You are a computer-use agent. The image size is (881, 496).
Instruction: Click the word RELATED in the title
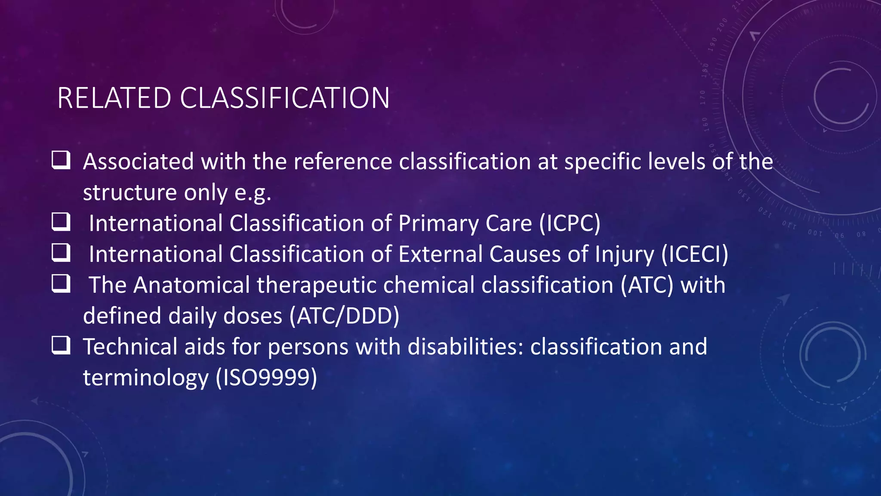point(114,98)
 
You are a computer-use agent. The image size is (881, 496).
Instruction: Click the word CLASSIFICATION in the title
point(284,98)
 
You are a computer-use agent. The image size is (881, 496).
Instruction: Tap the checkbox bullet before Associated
point(61,160)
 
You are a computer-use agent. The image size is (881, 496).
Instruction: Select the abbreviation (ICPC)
point(570,223)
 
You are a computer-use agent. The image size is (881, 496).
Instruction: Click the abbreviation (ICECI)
point(694,254)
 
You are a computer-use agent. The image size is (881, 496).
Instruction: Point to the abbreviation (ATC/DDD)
point(344,316)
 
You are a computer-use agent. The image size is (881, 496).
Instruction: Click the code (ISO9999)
point(266,378)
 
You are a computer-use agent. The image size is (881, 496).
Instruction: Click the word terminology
point(145,378)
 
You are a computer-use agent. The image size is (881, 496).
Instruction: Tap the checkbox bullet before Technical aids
point(61,345)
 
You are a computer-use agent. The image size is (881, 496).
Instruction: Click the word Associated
point(139,162)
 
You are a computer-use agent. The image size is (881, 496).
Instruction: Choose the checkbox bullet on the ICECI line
point(61,253)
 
